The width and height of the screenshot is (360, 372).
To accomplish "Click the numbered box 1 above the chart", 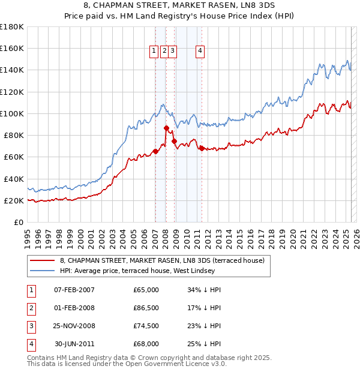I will click(154, 52).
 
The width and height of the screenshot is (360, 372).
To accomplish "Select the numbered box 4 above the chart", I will click(199, 52).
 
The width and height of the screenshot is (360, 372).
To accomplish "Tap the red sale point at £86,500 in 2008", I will click(166, 128).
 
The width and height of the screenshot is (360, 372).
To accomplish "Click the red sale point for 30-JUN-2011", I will click(202, 148).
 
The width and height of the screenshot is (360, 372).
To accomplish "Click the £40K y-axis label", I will click(14, 179).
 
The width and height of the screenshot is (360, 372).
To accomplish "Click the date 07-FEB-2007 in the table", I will click(74, 290).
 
